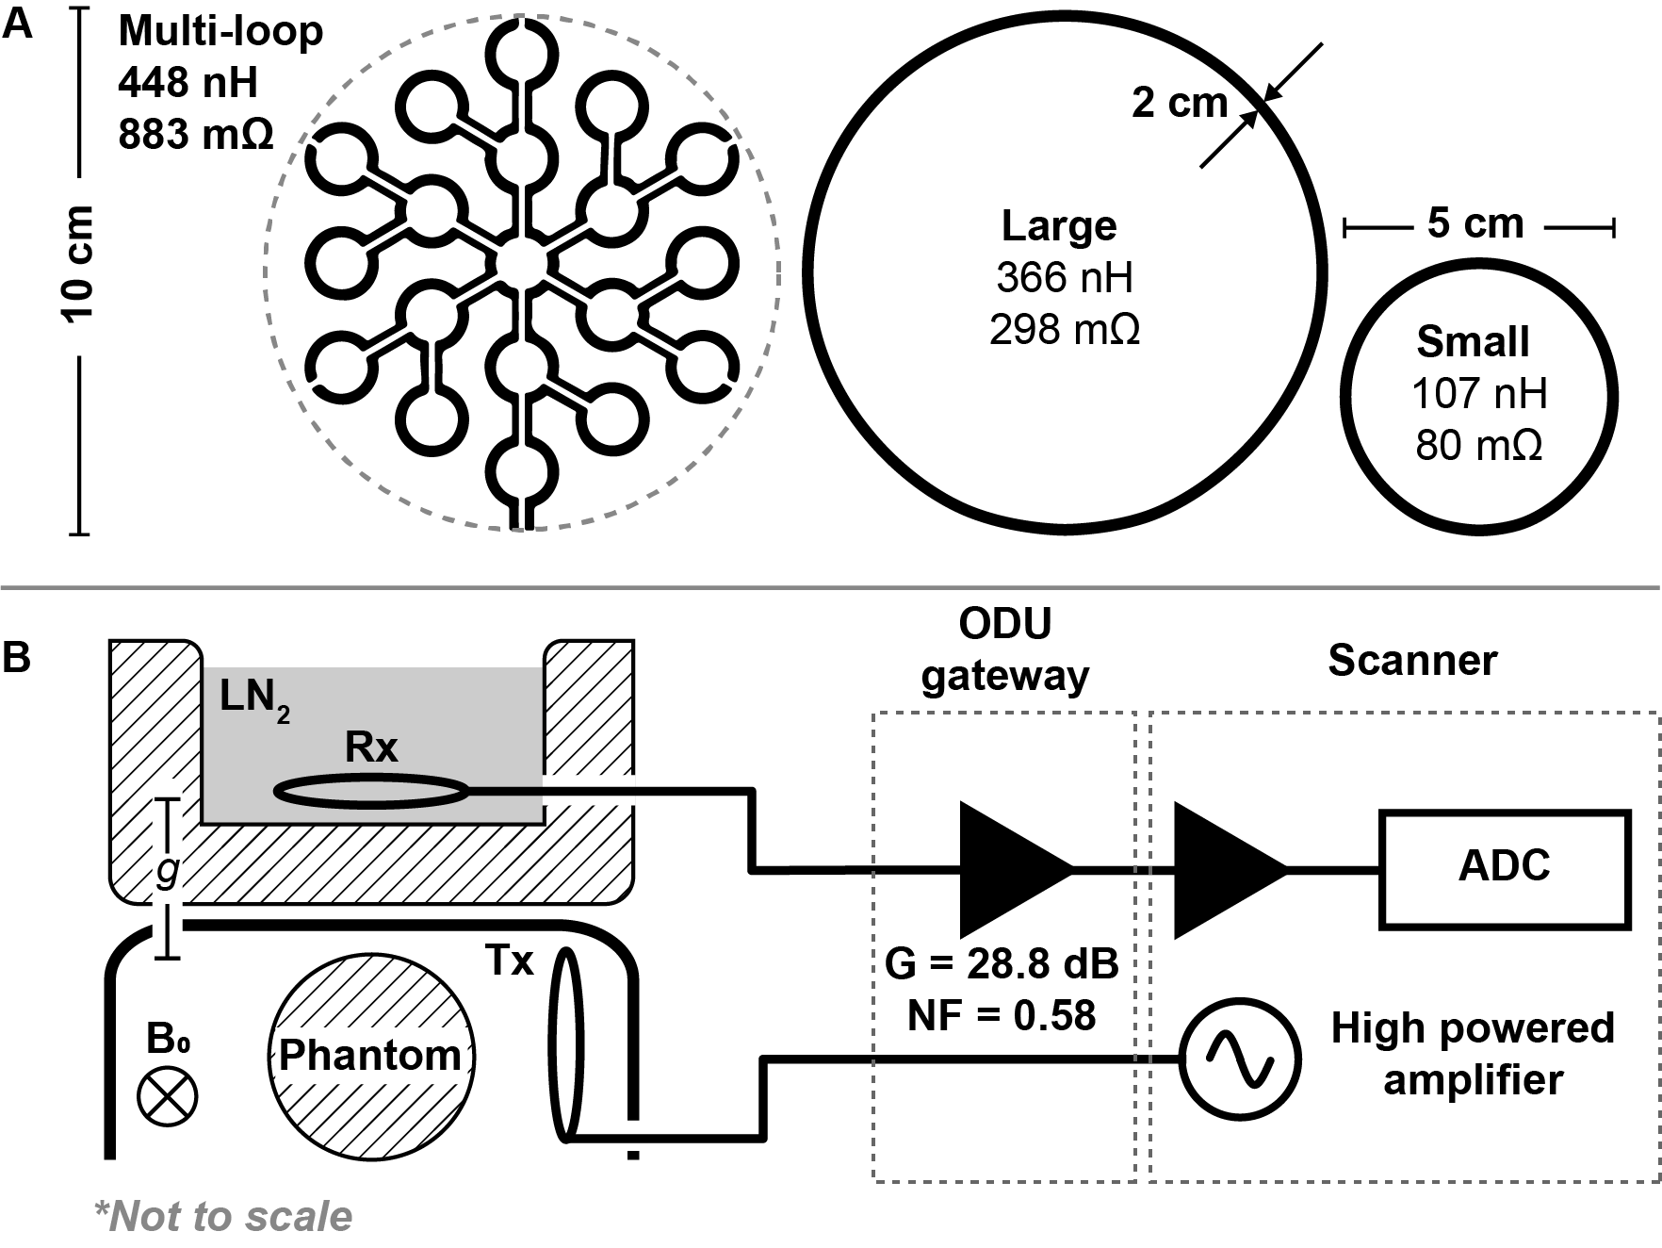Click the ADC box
[x=1504, y=867]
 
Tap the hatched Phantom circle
[x=371, y=1055]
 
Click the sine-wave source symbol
[x=1242, y=1059]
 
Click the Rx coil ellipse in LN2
[x=371, y=792]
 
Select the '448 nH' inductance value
[x=187, y=83]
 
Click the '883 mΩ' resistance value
[x=196, y=135]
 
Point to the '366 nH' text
[x=1065, y=277]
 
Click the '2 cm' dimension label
[x=1180, y=103]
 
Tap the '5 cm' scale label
[x=1475, y=224]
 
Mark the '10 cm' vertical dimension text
[x=80, y=264]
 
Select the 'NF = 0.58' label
[x=1002, y=1016]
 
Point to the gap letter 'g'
[x=167, y=871]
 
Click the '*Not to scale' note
[x=223, y=1217]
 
